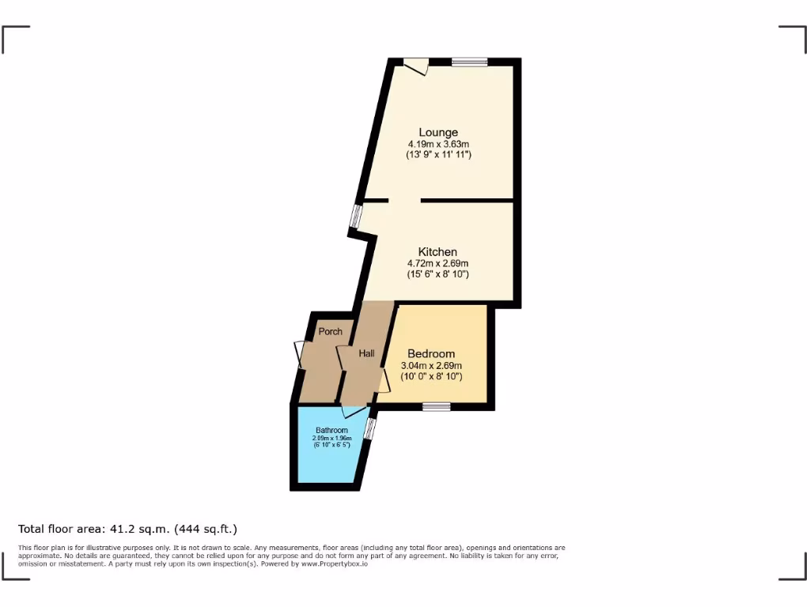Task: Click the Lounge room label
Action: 438,132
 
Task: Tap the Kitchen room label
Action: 437,252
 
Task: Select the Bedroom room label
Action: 431,353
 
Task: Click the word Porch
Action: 330,331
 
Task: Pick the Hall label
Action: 366,353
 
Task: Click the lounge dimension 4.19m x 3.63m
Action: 438,144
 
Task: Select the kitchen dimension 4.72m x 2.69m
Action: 437,263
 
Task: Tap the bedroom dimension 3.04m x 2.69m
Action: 431,365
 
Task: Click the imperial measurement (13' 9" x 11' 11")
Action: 438,155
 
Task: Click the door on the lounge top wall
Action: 416,66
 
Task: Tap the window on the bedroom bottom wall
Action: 436,407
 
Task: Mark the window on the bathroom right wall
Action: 369,428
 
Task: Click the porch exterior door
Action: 300,354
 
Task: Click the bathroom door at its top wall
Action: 354,411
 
